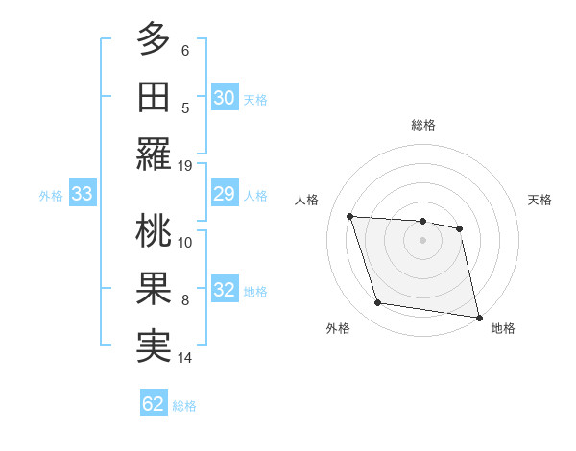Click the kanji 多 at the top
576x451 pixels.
pyautogui.click(x=154, y=39)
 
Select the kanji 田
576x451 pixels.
pyautogui.click(x=154, y=98)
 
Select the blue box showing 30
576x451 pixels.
pyautogui.click(x=225, y=97)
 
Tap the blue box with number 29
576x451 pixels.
pyautogui.click(x=225, y=195)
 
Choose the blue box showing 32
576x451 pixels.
pyautogui.click(x=225, y=291)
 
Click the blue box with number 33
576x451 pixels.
pyautogui.click(x=83, y=195)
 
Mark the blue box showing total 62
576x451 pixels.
pyautogui.click(x=154, y=404)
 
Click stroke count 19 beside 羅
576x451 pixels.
pyautogui.click(x=186, y=165)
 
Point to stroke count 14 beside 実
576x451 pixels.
pyautogui.click(x=186, y=358)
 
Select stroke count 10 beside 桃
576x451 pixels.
pyautogui.click(x=186, y=242)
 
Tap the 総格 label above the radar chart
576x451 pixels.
pyautogui.click(x=423, y=125)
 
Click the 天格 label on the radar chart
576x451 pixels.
pyautogui.click(x=540, y=200)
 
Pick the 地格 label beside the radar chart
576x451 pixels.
pyautogui.click(x=503, y=328)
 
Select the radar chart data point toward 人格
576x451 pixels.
pyautogui.click(x=350, y=216)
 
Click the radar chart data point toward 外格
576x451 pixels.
pyautogui.click(x=378, y=303)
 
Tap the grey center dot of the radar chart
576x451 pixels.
pyautogui.click(x=423, y=240)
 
